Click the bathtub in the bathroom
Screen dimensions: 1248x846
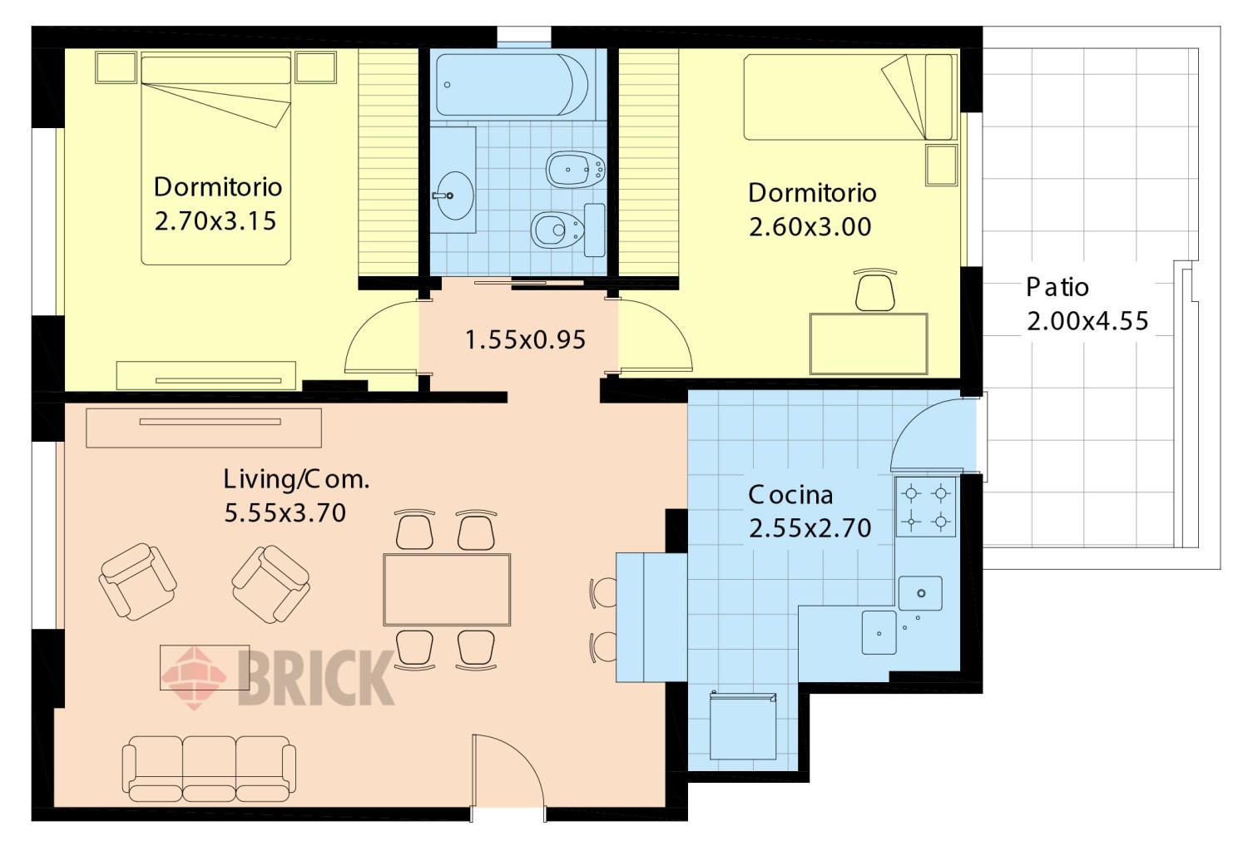[x=512, y=85]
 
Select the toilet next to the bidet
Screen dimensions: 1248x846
[x=568, y=230]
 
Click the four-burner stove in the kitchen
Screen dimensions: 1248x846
[x=925, y=507]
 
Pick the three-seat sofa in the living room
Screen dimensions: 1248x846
[x=209, y=768]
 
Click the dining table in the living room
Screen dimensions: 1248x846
[x=447, y=590]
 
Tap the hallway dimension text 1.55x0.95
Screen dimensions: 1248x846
[x=525, y=339]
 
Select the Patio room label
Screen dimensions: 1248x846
[x=1057, y=287]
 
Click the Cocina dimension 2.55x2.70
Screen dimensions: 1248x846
[x=810, y=528]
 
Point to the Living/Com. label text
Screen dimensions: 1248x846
[x=296, y=479]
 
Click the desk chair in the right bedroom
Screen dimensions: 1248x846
[x=875, y=289]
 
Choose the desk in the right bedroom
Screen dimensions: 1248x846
[x=869, y=344]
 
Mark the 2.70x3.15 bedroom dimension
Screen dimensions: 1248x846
[x=215, y=221]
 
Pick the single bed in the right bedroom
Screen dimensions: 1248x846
[x=849, y=96]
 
